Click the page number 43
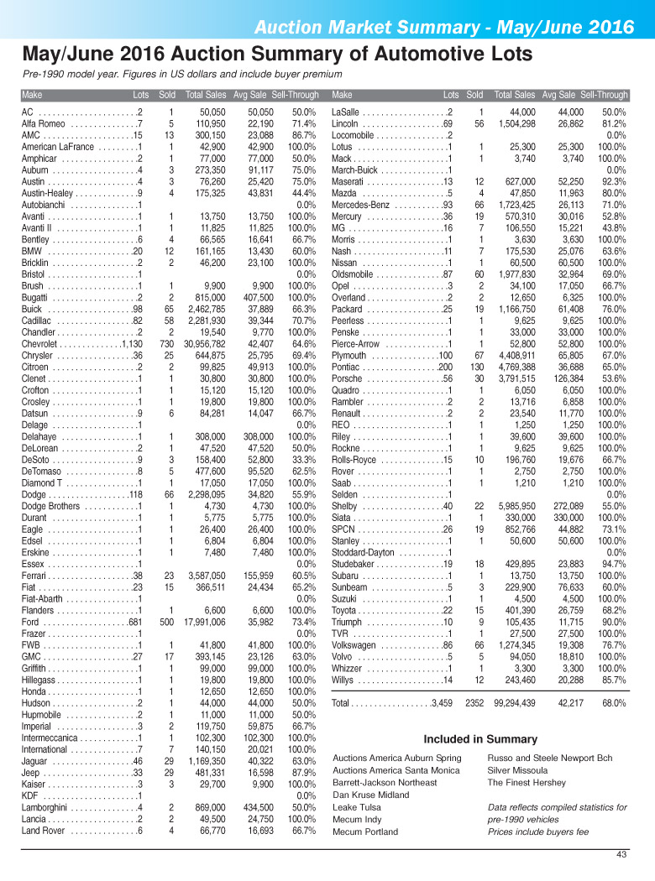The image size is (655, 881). (621, 855)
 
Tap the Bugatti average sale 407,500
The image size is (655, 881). (254, 297)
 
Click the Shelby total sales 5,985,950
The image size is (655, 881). (511, 505)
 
